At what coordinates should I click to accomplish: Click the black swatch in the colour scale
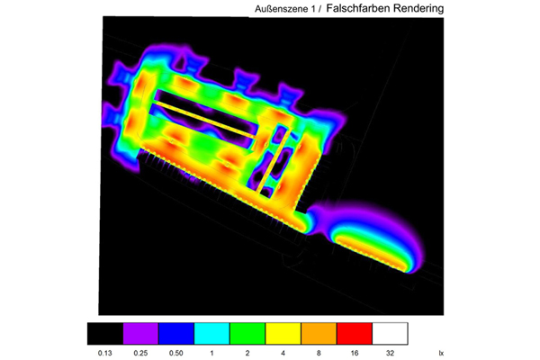[x=105, y=334]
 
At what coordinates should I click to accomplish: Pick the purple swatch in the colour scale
[x=140, y=334]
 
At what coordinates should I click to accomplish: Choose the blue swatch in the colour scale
[x=176, y=334]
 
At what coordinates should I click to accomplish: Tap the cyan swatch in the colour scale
[x=211, y=334]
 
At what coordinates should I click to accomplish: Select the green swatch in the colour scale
[x=247, y=334]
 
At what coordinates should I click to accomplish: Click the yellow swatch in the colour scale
[x=283, y=334]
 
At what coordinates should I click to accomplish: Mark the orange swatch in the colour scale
[x=319, y=334]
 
